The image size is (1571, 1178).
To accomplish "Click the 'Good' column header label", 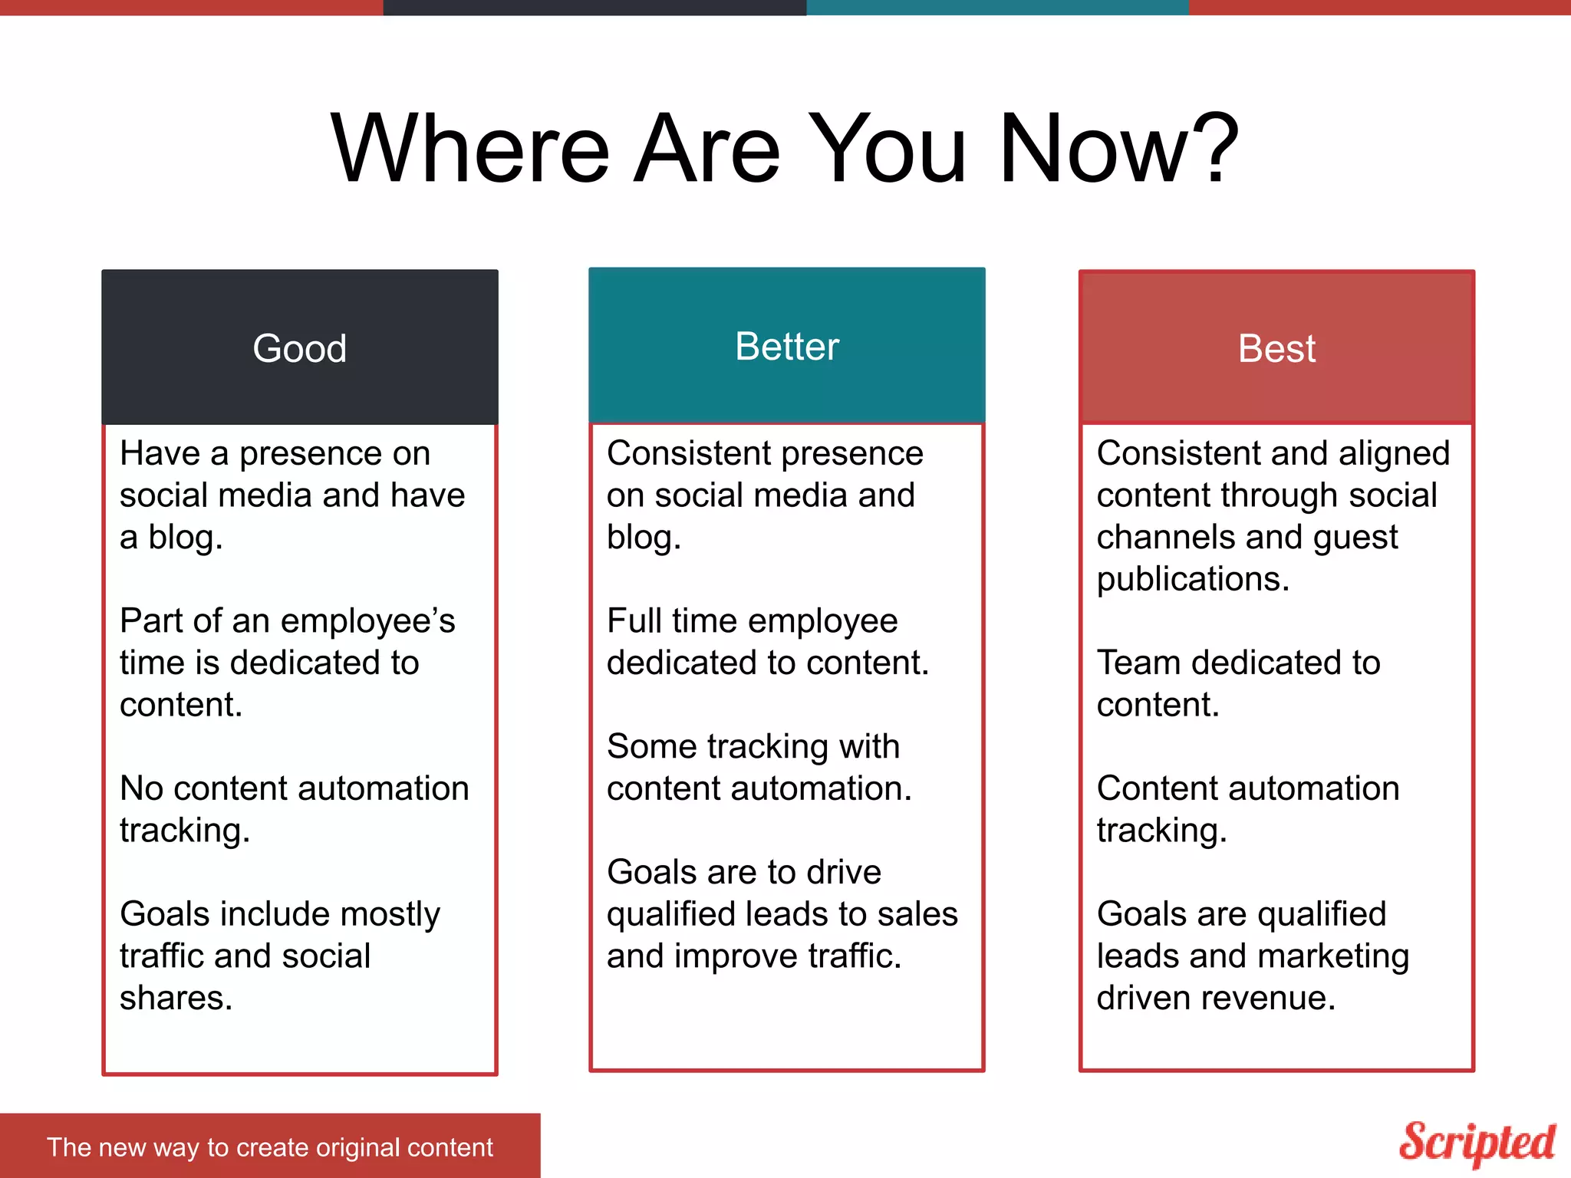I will [x=299, y=349].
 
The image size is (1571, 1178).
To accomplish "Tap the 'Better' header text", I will [x=787, y=347].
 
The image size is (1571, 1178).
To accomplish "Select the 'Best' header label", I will [x=1276, y=349].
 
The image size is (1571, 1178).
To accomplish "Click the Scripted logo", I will [x=1477, y=1143].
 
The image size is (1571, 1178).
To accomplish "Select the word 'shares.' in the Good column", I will [x=176, y=998].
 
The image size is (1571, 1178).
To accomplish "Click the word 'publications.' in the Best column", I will [x=1193, y=579].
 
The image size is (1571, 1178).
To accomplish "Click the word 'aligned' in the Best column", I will [x=1394, y=454].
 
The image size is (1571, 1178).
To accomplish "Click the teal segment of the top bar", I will [x=997, y=7].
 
